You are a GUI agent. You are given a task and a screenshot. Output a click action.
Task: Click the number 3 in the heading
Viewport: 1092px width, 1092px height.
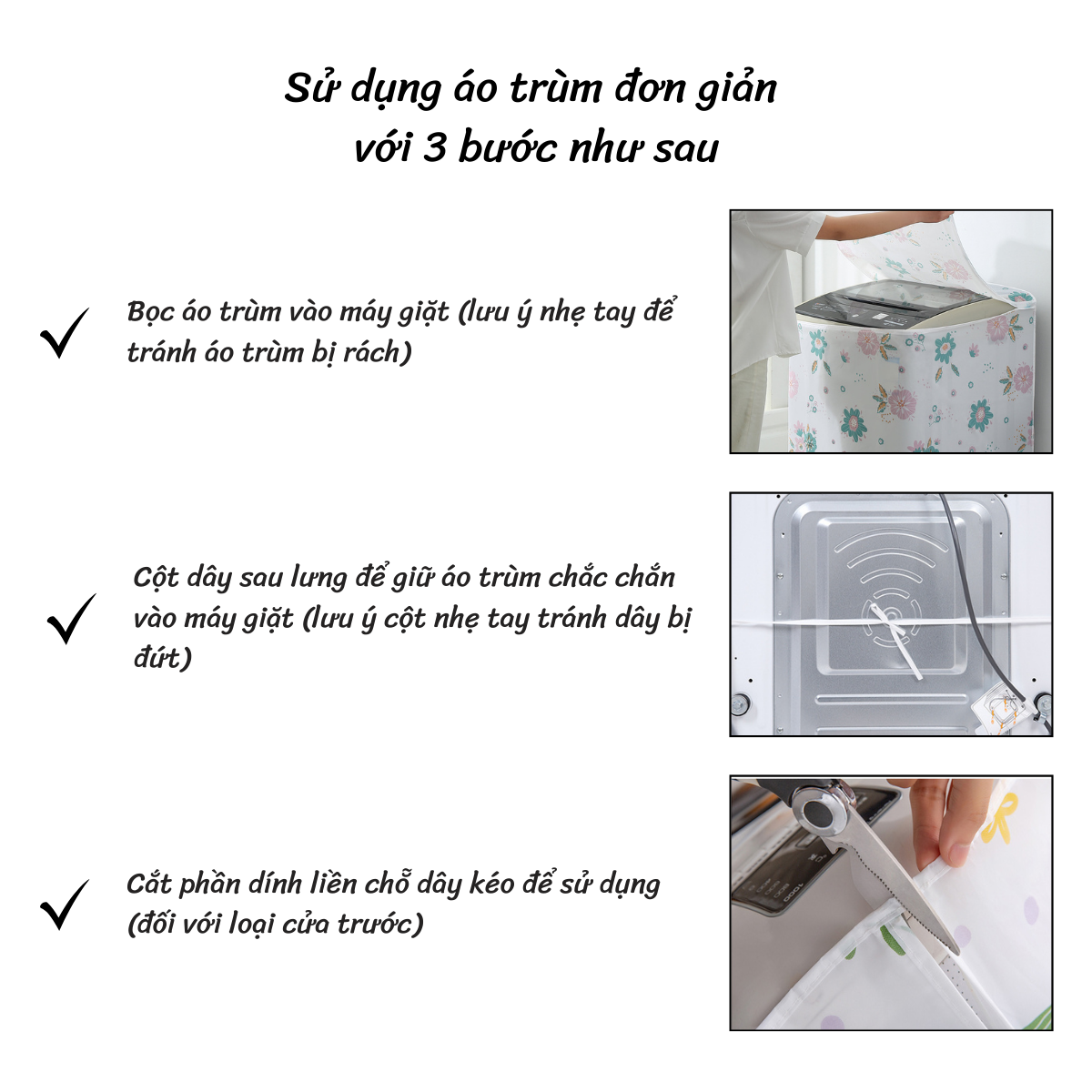(x=434, y=148)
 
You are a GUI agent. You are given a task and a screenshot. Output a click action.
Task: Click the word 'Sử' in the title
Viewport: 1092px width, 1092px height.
(x=312, y=88)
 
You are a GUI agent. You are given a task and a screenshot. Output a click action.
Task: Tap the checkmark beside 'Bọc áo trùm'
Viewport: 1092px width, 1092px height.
(x=65, y=333)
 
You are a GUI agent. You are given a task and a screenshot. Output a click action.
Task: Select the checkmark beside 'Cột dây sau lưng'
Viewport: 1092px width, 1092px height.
(x=71, y=619)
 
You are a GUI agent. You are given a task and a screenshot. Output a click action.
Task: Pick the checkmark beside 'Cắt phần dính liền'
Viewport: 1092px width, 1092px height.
(x=65, y=905)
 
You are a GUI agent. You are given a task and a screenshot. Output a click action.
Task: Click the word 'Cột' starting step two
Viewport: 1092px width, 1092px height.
(x=156, y=579)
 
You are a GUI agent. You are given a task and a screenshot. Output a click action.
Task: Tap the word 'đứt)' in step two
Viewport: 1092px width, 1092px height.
(x=163, y=658)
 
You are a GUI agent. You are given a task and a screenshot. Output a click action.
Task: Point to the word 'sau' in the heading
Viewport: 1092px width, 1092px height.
(x=686, y=149)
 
